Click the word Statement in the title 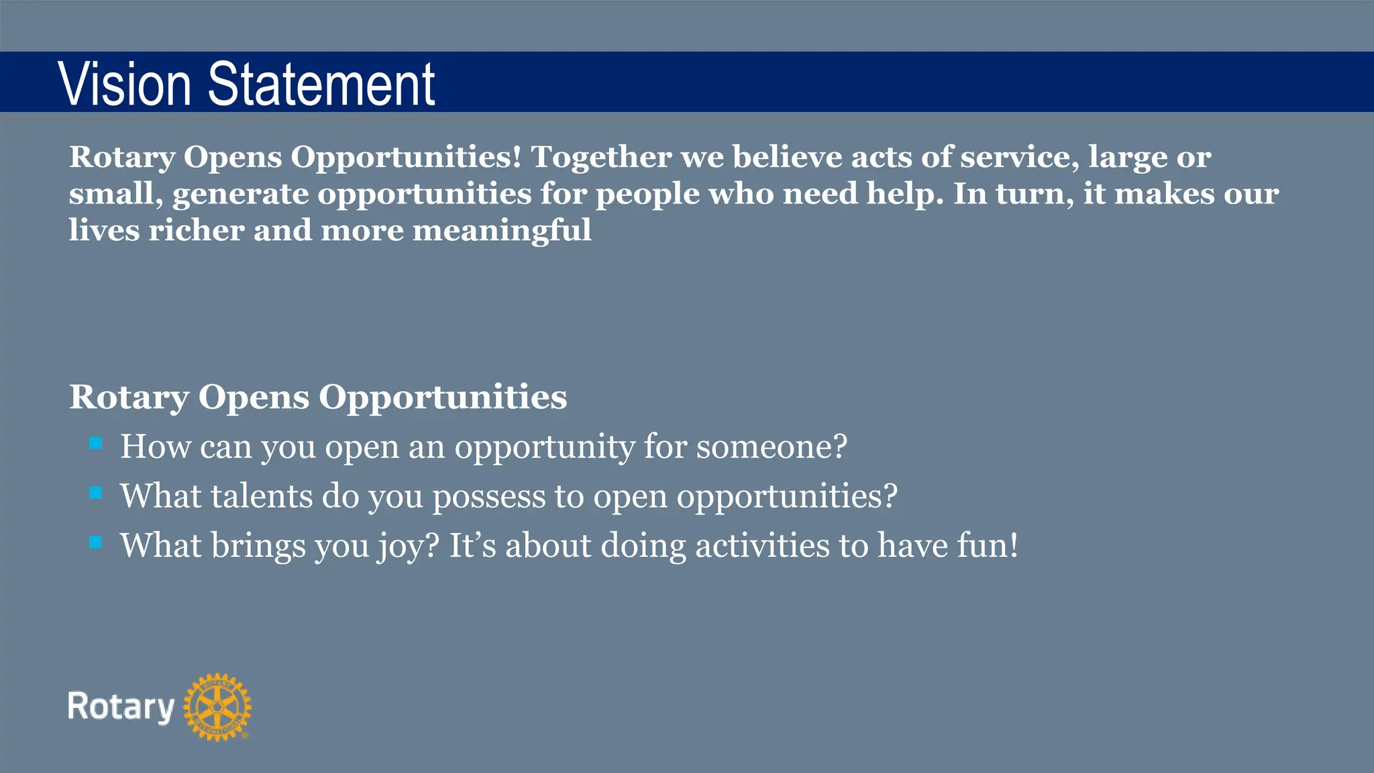[x=321, y=84]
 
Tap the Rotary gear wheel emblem [x=217, y=707]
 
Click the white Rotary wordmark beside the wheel [x=121, y=707]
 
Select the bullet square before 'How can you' [x=96, y=443]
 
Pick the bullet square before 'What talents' [x=96, y=493]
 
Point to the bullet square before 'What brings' [x=96, y=542]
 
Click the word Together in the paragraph [x=601, y=157]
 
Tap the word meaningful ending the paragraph [x=501, y=230]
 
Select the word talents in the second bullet [x=262, y=497]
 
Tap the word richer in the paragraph [x=196, y=230]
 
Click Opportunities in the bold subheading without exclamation [x=442, y=398]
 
